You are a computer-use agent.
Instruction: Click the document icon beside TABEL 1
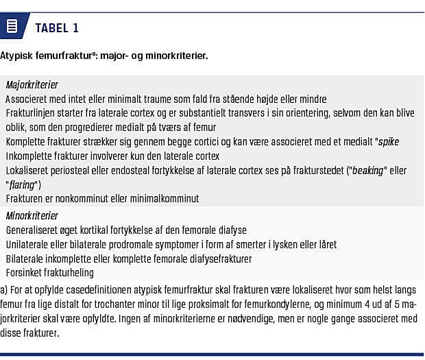pyautogui.click(x=12, y=27)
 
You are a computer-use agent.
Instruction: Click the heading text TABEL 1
pyautogui.click(x=57, y=28)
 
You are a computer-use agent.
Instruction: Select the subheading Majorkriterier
pyautogui.click(x=32, y=85)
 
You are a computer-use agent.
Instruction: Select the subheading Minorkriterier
pyautogui.click(x=32, y=216)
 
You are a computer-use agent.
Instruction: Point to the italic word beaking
pyautogui.click(x=368, y=170)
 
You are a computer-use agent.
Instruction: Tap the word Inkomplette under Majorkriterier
pyautogui.click(x=32, y=156)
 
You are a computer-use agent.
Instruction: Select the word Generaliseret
pyautogui.click(x=35, y=230)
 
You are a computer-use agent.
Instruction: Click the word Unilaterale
pyautogui.click(x=29, y=244)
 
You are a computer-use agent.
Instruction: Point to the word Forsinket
pyautogui.click(x=25, y=272)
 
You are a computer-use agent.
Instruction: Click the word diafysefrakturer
pyautogui.click(x=213, y=259)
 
